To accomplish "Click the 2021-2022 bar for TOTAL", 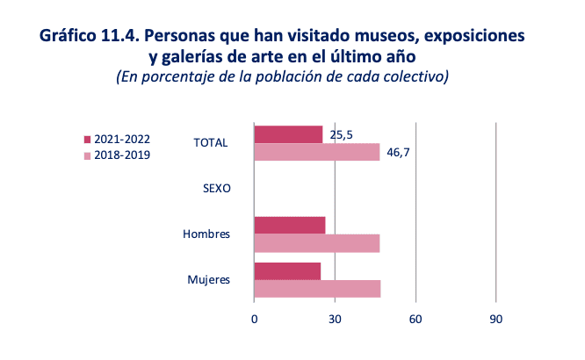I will coord(288,134).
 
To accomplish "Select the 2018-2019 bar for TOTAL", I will coord(316,152).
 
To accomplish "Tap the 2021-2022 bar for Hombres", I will coord(289,225).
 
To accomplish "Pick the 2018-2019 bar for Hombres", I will coord(316,243).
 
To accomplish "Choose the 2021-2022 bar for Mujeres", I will coord(287,270).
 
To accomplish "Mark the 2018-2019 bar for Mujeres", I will coord(317,288).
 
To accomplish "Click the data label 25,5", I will coord(342,135).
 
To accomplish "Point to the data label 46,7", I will coord(399,153).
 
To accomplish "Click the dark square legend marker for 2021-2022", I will coord(87,140).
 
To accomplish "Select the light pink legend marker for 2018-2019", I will coord(87,155).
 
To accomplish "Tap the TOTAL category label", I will coord(211,143).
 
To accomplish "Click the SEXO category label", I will coord(215,189).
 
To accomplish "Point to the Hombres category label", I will coord(206,234).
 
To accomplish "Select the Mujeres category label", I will coord(208,280).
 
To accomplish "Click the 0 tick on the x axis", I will coord(254,320).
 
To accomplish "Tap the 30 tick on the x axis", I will coord(335,320).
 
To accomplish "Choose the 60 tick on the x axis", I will coord(415,320).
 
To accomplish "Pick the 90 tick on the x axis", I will coord(496,320).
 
